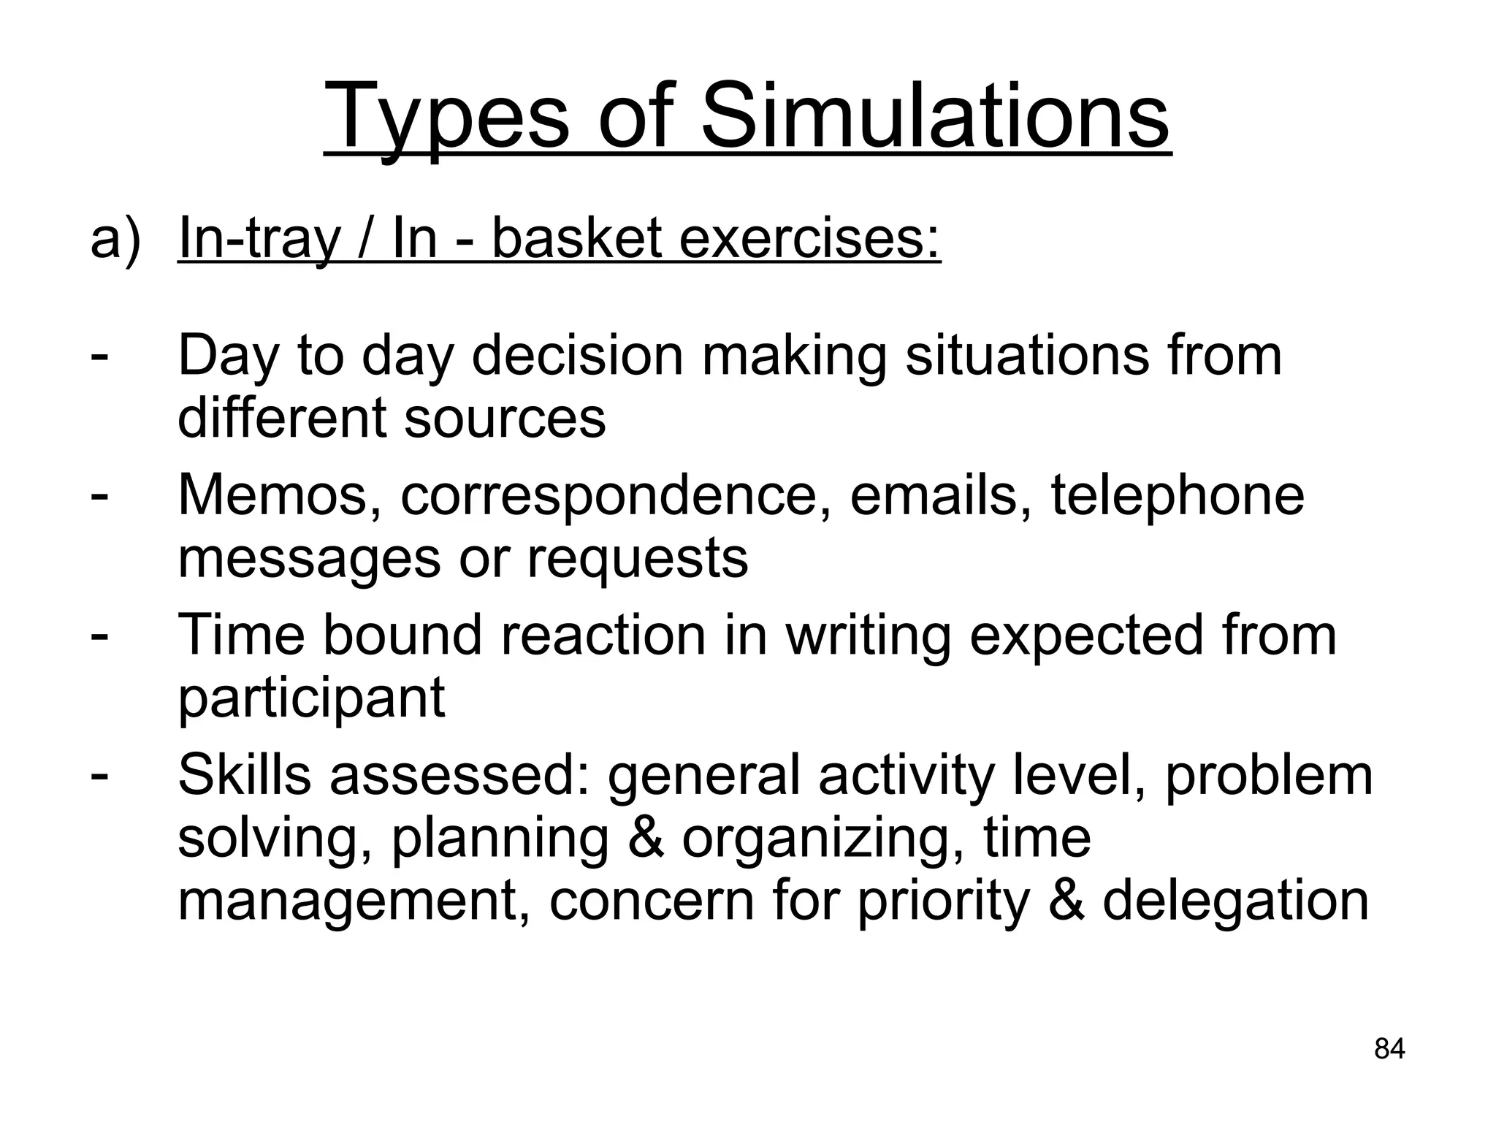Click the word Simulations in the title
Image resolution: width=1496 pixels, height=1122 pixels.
coord(935,117)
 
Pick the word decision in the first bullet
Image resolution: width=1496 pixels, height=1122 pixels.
coord(577,356)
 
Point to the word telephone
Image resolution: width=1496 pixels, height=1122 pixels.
coord(1177,496)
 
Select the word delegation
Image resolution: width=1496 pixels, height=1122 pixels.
coord(1235,901)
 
